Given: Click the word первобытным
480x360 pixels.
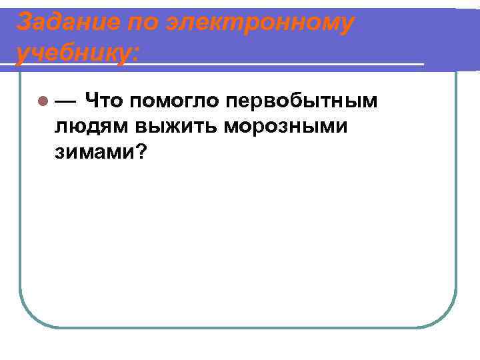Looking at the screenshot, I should tap(302, 101).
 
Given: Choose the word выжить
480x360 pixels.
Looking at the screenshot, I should tap(179, 127).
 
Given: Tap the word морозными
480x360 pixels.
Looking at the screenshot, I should tap(285, 127).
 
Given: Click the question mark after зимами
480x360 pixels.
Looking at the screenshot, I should tap(141, 151).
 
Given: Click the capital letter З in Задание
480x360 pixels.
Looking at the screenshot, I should tap(24, 23).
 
